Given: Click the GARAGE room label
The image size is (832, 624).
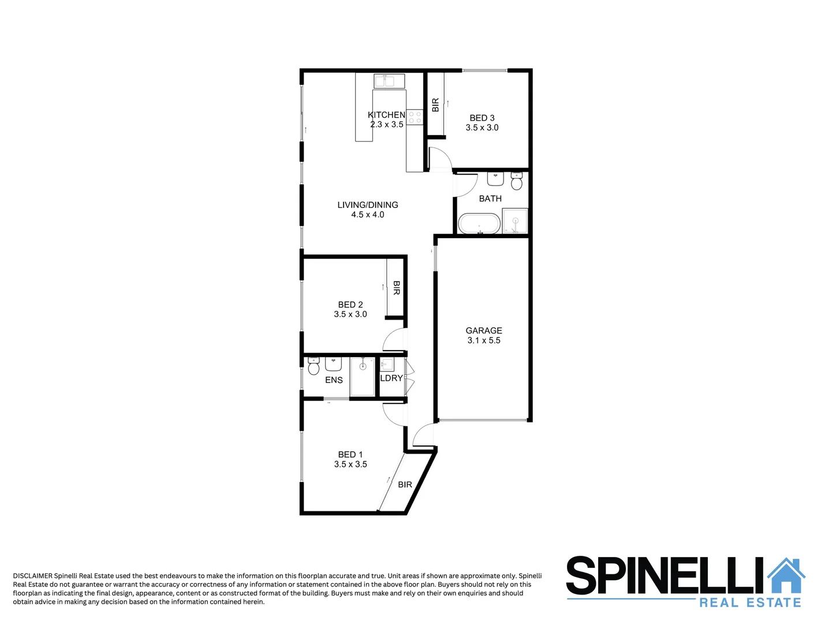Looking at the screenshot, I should pyautogui.click(x=484, y=330).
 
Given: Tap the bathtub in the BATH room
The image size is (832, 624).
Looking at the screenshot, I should pyautogui.click(x=479, y=224).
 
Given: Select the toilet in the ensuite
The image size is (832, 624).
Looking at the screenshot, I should pyautogui.click(x=314, y=367).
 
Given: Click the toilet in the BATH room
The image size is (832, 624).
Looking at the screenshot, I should pyautogui.click(x=517, y=182).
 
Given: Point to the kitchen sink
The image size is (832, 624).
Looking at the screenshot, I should pyautogui.click(x=385, y=81).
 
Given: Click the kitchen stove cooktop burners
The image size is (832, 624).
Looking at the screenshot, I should pyautogui.click(x=415, y=118).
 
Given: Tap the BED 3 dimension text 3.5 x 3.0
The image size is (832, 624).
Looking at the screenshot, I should pyautogui.click(x=482, y=128).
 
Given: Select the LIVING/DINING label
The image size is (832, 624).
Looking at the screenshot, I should pyautogui.click(x=368, y=205).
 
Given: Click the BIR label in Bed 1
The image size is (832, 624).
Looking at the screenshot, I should pyautogui.click(x=405, y=484).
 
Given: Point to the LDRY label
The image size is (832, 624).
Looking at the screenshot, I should pyautogui.click(x=391, y=378).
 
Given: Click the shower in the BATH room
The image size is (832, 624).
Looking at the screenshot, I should pyautogui.click(x=514, y=221).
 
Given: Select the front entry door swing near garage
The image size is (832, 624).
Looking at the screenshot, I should pyautogui.click(x=423, y=434).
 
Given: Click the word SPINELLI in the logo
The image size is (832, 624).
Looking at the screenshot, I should pyautogui.click(x=664, y=576).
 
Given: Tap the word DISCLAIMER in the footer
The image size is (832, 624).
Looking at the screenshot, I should pyautogui.click(x=32, y=575).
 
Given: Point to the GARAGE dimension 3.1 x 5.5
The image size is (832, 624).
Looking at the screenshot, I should pyautogui.click(x=484, y=340).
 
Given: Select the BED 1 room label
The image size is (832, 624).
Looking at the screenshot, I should pyautogui.click(x=350, y=455).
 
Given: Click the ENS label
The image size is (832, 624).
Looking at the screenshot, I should pyautogui.click(x=334, y=380).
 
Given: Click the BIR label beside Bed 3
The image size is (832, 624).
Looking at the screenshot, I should pyautogui.click(x=435, y=105).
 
